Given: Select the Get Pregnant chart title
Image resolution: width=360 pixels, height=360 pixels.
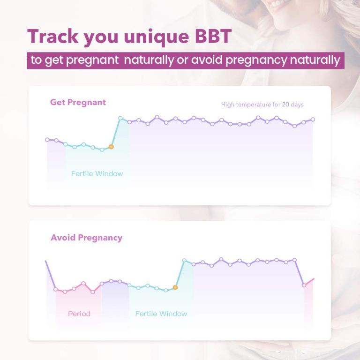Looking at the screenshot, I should click(x=78, y=102).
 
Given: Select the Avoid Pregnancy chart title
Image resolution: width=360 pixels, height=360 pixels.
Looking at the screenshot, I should click(x=86, y=238).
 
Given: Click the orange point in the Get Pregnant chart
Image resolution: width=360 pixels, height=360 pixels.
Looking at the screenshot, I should click(x=111, y=147).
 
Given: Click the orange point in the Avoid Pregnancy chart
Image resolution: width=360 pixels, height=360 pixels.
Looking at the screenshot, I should click(x=175, y=287).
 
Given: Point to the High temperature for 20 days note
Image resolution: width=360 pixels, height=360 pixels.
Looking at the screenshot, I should click(x=262, y=105).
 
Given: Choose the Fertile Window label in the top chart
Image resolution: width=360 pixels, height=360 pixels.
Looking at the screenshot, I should click(x=97, y=173).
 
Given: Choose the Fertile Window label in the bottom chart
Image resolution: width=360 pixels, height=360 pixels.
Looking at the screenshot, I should click(x=161, y=314).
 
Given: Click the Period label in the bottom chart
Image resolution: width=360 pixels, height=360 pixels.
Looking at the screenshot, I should click(x=79, y=314).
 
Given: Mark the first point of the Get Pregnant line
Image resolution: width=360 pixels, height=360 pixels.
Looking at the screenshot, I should click(x=47, y=140).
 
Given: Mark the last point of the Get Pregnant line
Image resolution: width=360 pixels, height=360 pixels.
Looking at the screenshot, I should click(x=313, y=119).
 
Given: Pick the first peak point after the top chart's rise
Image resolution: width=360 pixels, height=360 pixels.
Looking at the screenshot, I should click(x=120, y=118).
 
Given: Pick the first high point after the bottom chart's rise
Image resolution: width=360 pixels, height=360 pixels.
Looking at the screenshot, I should click(x=184, y=260).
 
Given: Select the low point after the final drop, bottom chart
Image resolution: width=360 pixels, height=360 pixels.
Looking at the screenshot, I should click(x=304, y=285).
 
